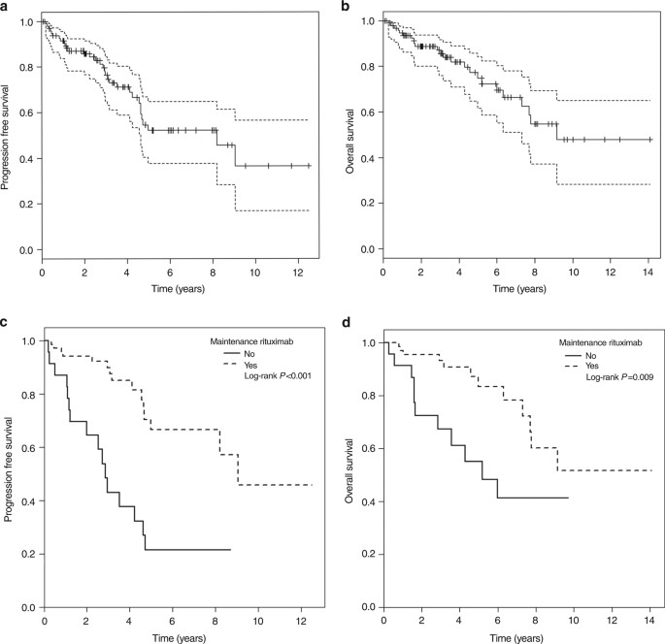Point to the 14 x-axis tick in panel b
click(648, 275)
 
